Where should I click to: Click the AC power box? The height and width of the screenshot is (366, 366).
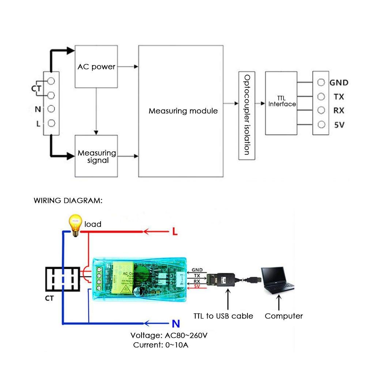click(x=97, y=67)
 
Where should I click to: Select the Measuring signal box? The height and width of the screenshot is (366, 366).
click(x=97, y=156)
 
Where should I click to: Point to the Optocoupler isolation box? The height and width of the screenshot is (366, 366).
click(x=246, y=115)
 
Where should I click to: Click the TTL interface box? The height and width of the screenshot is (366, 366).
click(x=281, y=103)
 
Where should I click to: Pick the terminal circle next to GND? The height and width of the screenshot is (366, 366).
click(x=321, y=82)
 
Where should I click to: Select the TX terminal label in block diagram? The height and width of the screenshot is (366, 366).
click(x=339, y=97)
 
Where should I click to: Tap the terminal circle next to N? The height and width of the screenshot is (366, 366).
click(x=51, y=109)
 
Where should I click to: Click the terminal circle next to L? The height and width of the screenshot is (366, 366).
click(x=51, y=123)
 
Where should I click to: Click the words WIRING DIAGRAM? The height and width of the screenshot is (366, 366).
click(x=68, y=201)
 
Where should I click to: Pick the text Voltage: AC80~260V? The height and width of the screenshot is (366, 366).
click(x=171, y=335)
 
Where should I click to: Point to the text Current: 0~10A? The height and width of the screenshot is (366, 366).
click(x=161, y=345)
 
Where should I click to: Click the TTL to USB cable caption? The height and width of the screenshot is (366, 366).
click(x=223, y=316)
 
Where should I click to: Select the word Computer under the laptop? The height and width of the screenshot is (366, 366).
click(x=284, y=316)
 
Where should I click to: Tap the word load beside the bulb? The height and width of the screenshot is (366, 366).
click(x=93, y=224)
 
